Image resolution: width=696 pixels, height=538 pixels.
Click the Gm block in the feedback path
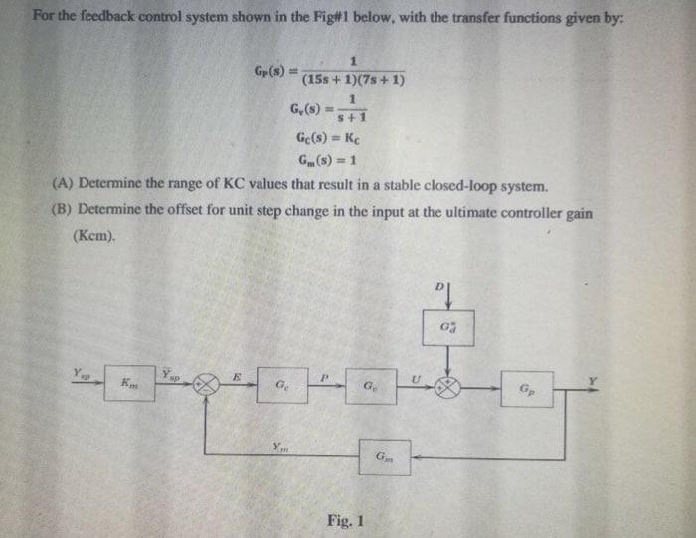click(x=385, y=457)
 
